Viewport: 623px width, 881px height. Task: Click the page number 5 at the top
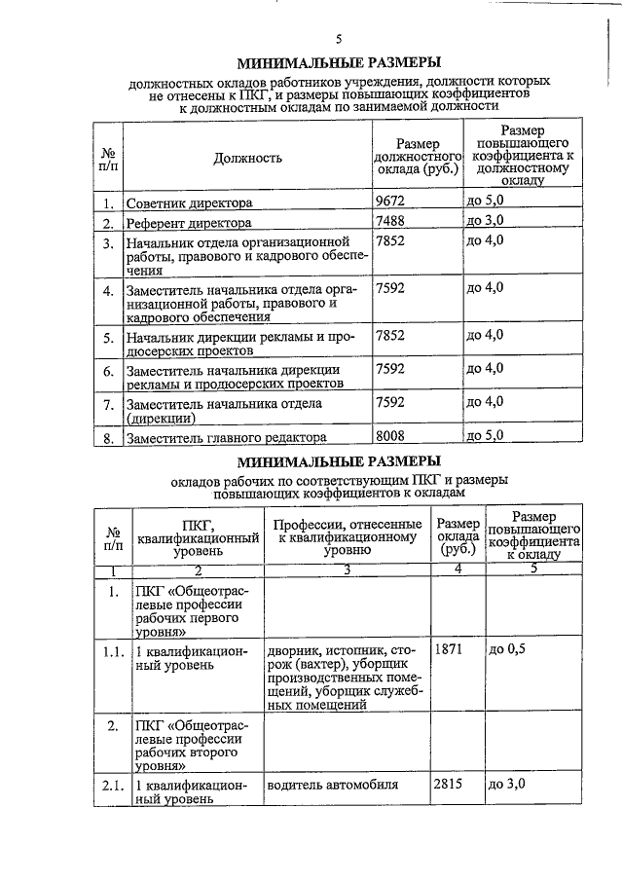click(338, 40)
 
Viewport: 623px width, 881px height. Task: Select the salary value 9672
click(392, 202)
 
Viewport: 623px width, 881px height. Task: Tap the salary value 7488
click(392, 222)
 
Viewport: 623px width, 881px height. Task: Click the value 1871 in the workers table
click(452, 648)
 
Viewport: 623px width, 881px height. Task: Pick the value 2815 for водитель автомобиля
click(452, 785)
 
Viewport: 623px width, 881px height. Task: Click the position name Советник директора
click(189, 203)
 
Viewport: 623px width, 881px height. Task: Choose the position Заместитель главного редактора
click(226, 438)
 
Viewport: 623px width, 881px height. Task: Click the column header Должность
click(248, 157)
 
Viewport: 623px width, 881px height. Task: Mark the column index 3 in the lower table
click(346, 569)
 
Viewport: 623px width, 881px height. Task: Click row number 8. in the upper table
click(109, 438)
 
